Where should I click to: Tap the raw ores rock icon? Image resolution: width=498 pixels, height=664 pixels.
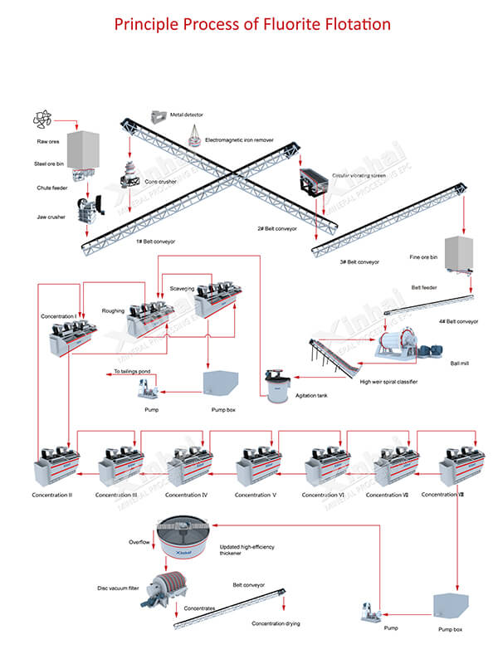[x=41, y=120]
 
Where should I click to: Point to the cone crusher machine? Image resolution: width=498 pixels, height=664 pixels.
[x=130, y=175]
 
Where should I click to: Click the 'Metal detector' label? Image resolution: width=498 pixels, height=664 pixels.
[x=188, y=115]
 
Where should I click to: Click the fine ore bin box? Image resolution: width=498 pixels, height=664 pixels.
[x=458, y=252]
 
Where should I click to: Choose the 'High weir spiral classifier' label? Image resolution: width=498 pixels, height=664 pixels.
[x=388, y=382]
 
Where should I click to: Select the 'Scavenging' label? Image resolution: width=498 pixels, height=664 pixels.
[x=183, y=288]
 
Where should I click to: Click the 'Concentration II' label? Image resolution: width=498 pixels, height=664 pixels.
[x=52, y=496]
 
